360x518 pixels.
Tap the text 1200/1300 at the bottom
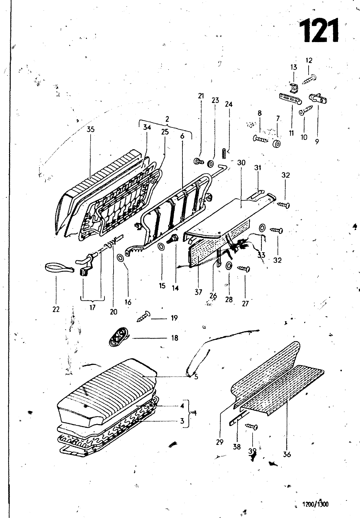[315, 504]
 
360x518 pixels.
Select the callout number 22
[56, 309]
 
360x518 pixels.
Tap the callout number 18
[175, 338]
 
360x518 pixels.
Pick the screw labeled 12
[309, 79]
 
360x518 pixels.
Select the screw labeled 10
[306, 110]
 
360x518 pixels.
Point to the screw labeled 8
[261, 139]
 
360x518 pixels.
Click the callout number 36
[287, 455]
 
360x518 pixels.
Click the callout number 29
[220, 442]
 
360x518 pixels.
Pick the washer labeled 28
[228, 266]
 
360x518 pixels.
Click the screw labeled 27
[244, 268]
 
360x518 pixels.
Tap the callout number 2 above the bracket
[167, 119]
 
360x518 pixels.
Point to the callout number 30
[241, 163]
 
